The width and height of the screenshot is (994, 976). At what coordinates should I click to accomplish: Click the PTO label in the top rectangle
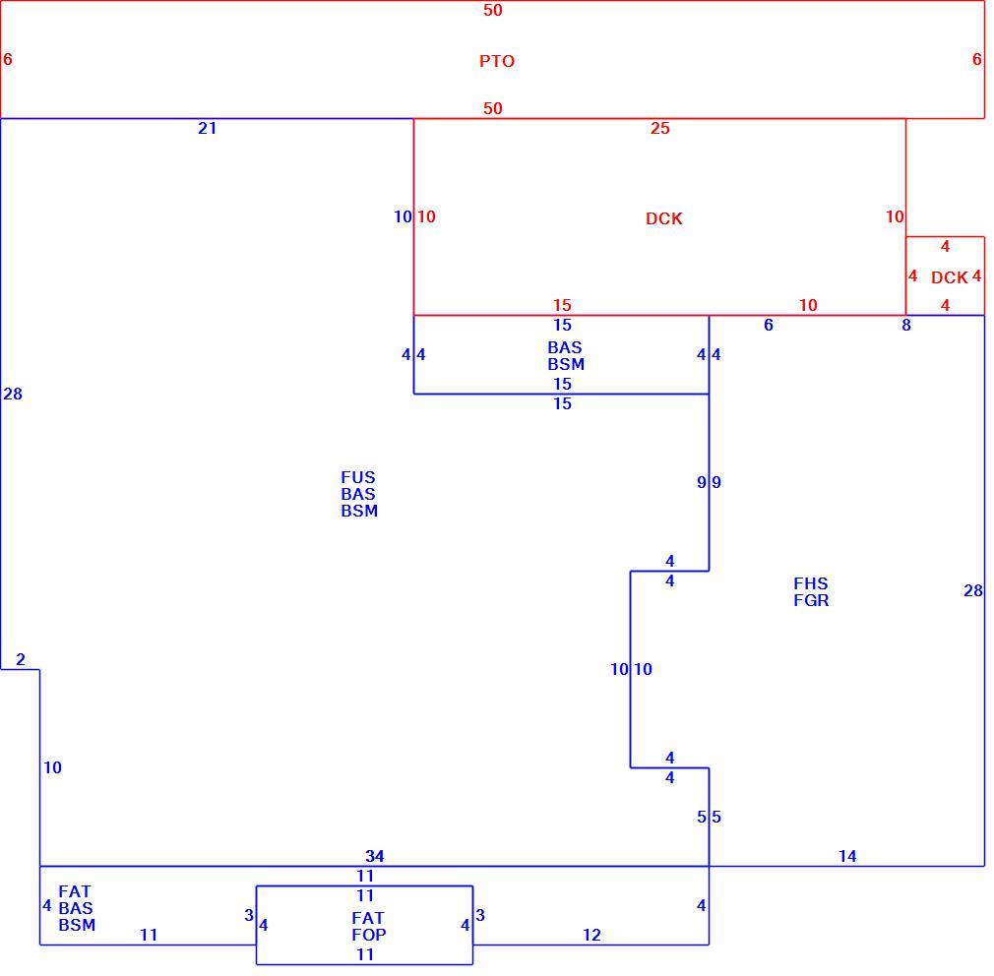(x=496, y=61)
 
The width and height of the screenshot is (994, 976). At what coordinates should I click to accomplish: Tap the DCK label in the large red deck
(x=663, y=218)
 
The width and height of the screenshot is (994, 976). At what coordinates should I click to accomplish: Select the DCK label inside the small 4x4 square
(x=949, y=277)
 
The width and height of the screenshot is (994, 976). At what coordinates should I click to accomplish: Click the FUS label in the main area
(x=358, y=477)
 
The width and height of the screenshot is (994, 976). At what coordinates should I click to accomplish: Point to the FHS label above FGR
(x=811, y=583)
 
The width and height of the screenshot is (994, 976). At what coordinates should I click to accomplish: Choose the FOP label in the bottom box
(x=369, y=935)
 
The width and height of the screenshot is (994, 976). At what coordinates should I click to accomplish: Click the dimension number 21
(x=208, y=129)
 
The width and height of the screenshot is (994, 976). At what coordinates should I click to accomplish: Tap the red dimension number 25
(x=660, y=129)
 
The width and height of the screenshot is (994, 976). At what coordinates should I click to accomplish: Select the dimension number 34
(x=375, y=857)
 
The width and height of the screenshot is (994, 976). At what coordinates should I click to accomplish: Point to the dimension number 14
(x=847, y=857)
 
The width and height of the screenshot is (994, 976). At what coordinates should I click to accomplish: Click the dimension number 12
(x=591, y=936)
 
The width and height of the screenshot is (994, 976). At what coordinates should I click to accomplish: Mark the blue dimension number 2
(x=21, y=660)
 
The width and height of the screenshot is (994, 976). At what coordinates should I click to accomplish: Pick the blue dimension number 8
(x=906, y=325)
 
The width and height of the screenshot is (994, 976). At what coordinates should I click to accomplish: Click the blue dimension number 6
(x=769, y=325)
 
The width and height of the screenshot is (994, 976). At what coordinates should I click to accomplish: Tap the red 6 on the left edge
(x=8, y=60)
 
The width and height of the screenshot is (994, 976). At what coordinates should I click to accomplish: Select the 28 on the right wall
(x=973, y=591)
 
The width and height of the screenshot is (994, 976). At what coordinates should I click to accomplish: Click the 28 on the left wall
(x=13, y=395)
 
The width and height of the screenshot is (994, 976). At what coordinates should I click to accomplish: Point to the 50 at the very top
(x=492, y=10)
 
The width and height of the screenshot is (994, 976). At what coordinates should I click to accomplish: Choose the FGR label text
(x=811, y=600)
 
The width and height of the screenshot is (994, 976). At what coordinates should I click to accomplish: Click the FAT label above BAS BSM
(x=75, y=891)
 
